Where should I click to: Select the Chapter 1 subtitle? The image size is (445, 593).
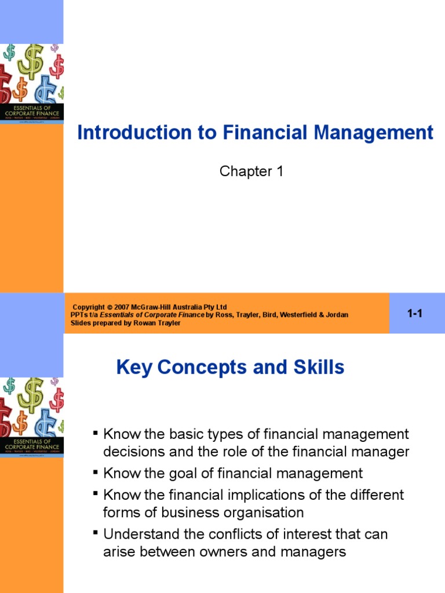point(251,171)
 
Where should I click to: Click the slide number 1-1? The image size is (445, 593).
point(415,314)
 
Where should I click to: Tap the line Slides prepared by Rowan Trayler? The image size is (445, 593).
point(125,323)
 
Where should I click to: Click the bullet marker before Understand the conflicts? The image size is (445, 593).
point(95,533)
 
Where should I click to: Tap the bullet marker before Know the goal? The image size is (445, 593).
point(95,473)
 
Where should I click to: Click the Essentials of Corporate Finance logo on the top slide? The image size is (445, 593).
point(32,110)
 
